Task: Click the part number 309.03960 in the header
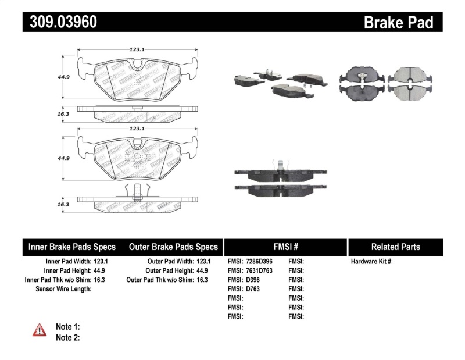click(60, 22)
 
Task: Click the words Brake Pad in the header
click(398, 22)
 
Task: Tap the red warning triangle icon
click(39, 330)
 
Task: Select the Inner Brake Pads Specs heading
click(72, 247)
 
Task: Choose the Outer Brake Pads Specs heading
click(173, 247)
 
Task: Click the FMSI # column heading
click(285, 247)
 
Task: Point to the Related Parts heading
click(395, 247)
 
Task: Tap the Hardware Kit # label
click(371, 262)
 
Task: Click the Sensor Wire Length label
click(63, 289)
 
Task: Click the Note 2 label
click(67, 337)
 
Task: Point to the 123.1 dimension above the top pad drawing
click(137, 50)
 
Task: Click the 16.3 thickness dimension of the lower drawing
click(64, 205)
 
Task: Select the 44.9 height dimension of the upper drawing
click(64, 75)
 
